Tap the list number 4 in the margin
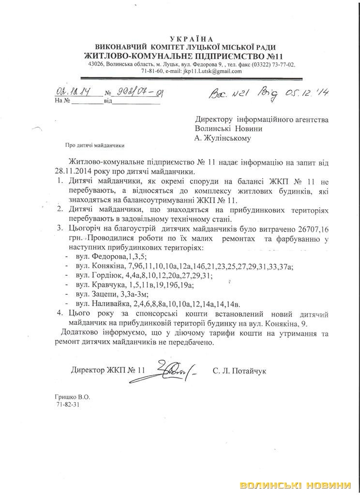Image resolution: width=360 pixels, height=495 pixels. pos(59,313)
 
